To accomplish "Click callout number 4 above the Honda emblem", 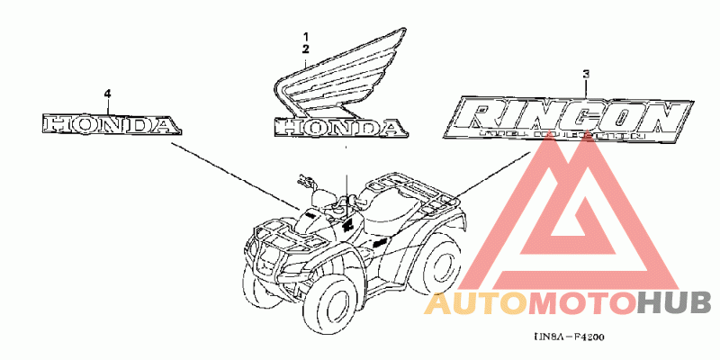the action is tap(107, 94).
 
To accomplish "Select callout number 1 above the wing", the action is tap(306, 33).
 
